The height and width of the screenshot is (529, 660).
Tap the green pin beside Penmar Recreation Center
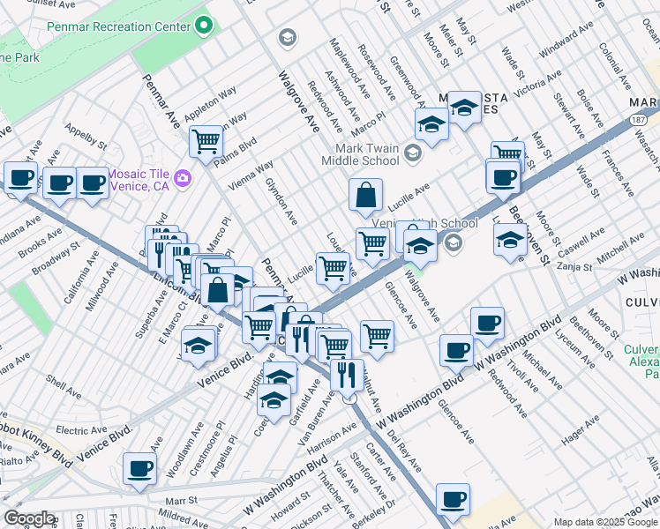coord(205,25)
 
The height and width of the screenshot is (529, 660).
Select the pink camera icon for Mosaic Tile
coord(183,177)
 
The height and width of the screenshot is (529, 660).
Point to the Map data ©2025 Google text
coord(605,522)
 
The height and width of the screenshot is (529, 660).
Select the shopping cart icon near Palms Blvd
coord(206,140)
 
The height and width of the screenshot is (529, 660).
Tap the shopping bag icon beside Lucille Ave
coord(364,195)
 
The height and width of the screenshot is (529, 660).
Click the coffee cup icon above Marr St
coord(139,469)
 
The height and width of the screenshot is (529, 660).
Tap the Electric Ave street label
coord(81,430)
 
